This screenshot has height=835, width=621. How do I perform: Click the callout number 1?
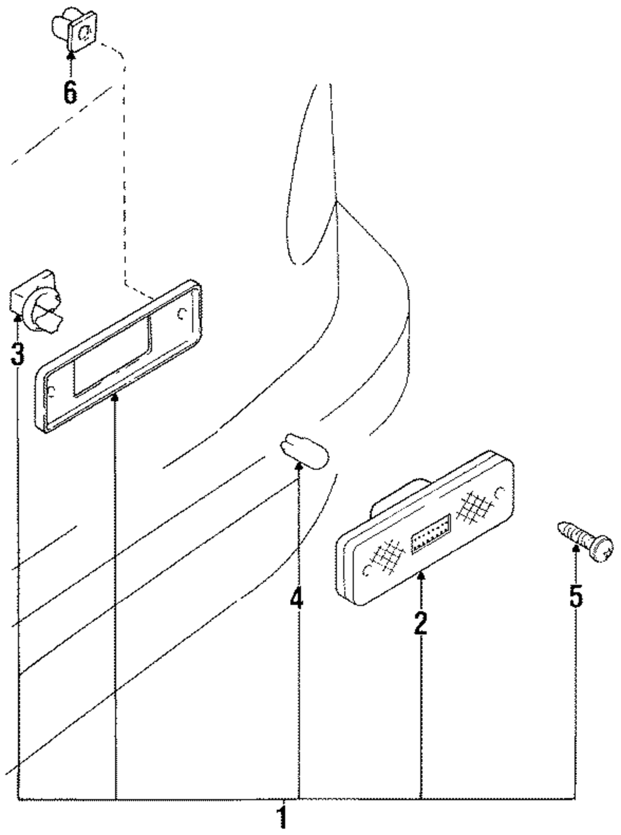282,815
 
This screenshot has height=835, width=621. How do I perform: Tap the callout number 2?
420,624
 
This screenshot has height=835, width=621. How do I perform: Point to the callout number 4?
296,598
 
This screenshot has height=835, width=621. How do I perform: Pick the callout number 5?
576,597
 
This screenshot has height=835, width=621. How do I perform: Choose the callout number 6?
70,93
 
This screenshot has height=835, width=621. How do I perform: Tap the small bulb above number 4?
305,452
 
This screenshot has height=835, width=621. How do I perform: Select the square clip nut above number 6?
74,29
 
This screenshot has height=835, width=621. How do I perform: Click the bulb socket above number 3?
37,302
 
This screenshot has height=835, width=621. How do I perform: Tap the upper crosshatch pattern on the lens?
474,507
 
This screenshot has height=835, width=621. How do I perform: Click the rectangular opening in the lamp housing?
112,356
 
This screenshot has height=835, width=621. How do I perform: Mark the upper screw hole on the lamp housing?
182,314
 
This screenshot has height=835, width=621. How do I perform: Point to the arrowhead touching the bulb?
299,466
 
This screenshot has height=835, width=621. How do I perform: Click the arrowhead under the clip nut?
70,55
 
